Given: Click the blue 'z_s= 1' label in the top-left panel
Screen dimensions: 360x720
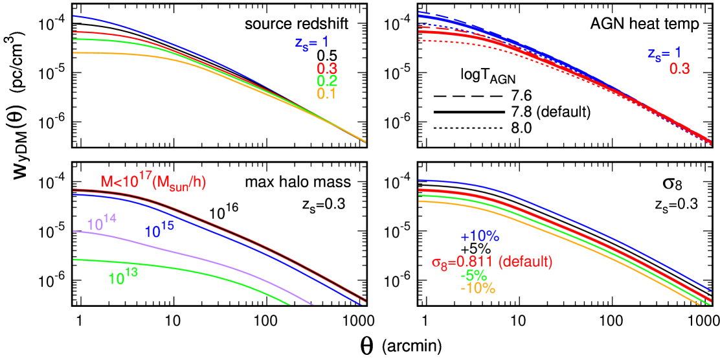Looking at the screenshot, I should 311,44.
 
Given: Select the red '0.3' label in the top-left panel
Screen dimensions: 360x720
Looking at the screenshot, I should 327,69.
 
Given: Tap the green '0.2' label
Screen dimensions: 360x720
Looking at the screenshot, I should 327,81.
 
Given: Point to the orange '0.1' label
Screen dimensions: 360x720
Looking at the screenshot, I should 327,94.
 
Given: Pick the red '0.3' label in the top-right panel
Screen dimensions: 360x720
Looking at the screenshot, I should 679,68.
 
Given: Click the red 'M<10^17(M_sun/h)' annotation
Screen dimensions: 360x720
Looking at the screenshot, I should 153,183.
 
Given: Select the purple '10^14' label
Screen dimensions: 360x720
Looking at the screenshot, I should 102,223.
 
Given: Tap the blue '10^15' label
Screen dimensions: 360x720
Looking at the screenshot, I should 159,231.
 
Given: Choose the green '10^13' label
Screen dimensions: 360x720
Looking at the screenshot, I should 123,278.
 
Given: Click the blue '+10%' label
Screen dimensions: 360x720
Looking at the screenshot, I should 480,237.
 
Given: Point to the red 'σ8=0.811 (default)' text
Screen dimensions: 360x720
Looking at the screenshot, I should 491,263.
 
